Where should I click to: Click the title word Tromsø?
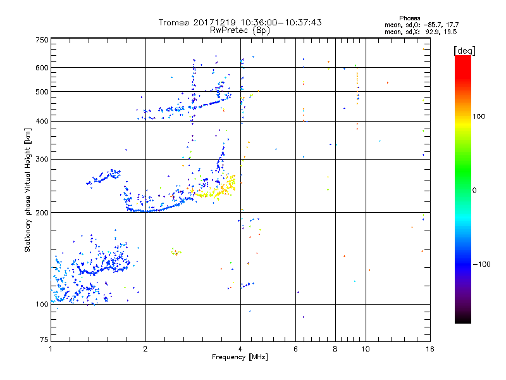pos(173,22)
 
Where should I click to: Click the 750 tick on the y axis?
pos(42,40)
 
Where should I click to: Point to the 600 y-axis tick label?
pos(42,68)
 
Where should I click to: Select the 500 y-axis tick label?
pos(42,92)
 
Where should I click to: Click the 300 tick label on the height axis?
pos(42,159)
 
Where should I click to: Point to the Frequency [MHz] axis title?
pos(240,357)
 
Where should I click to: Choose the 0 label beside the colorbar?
pos(476,190)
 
